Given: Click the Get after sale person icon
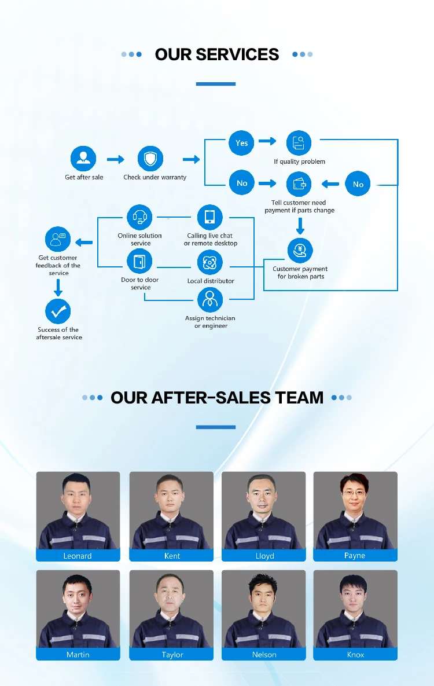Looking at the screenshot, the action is click(x=83, y=159).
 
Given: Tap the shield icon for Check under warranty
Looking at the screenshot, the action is click(x=150, y=159).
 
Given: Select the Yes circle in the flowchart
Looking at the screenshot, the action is click(x=242, y=142).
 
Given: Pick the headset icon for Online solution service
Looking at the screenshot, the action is click(x=139, y=217).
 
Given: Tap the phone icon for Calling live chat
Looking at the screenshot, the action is click(x=209, y=217).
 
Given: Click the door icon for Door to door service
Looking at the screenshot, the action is click(x=139, y=263).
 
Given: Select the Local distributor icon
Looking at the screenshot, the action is click(x=209, y=263).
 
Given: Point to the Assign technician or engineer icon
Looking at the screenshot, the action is click(x=209, y=299).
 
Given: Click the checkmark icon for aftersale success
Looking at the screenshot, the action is click(x=58, y=311).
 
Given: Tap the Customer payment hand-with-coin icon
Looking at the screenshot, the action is click(x=300, y=250).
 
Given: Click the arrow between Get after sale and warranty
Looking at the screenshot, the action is click(x=116, y=159).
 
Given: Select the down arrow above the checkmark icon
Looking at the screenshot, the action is click(x=58, y=287).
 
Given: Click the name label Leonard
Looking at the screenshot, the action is click(x=78, y=556).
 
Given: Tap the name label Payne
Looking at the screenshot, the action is click(x=355, y=555).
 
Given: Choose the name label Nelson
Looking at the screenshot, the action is click(x=264, y=654).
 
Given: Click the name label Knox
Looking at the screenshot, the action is click(x=355, y=654).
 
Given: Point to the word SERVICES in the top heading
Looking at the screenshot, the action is click(x=237, y=55).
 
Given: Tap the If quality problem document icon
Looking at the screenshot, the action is click(x=299, y=142).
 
